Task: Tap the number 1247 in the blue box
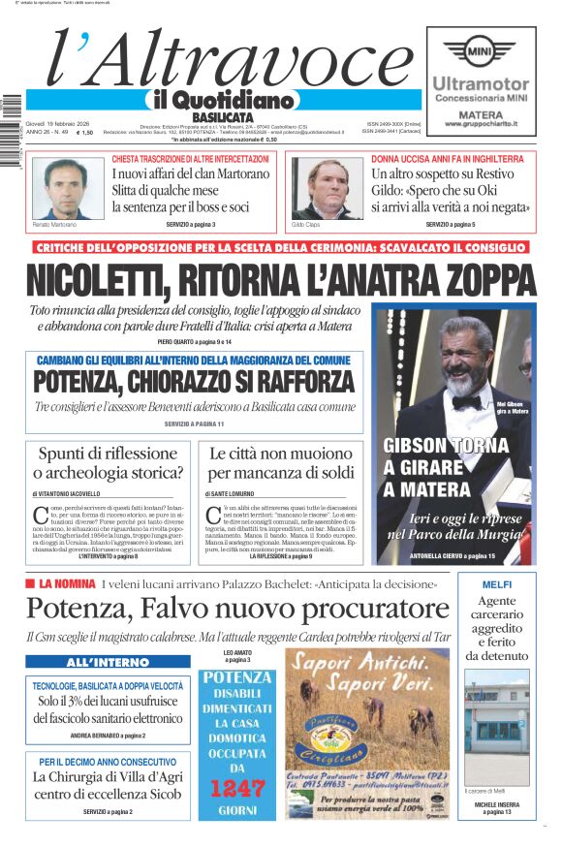click(x=239, y=788)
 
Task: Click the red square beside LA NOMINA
click(x=32, y=583)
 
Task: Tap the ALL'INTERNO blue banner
click(x=108, y=662)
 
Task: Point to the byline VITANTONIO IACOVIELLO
click(x=74, y=494)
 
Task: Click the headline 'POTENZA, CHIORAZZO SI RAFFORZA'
click(x=194, y=382)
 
